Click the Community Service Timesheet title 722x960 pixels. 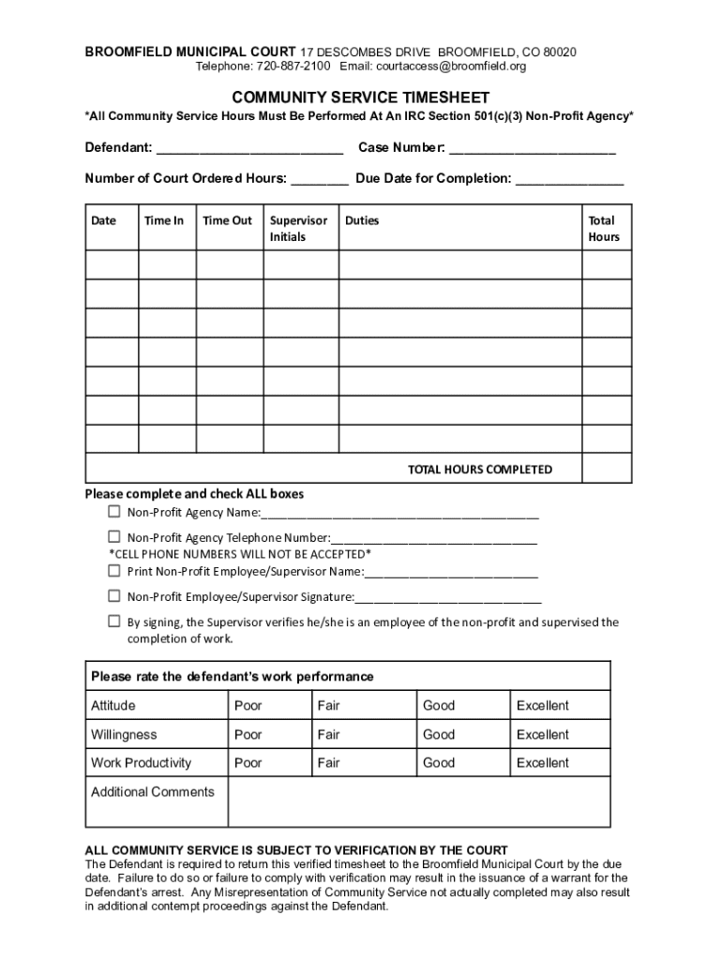pyautogui.click(x=361, y=97)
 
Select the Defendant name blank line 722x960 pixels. pyautogui.click(x=249, y=149)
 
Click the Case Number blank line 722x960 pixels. pyautogui.click(x=533, y=149)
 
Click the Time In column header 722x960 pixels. pyautogui.click(x=164, y=221)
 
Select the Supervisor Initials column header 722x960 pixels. pyautogui.click(x=298, y=229)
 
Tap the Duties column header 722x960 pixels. pyautogui.click(x=362, y=221)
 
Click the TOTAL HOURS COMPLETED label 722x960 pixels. pyautogui.click(x=479, y=470)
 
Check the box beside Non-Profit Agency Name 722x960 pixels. pyautogui.click(x=113, y=512)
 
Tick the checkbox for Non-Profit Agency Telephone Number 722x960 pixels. pyautogui.click(x=113, y=537)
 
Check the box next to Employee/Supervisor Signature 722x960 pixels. pyautogui.click(x=113, y=596)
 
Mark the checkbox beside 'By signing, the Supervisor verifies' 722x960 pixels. pyautogui.click(x=113, y=622)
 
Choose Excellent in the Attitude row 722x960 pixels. pyautogui.click(x=542, y=706)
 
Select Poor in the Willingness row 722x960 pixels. pyautogui.click(x=248, y=735)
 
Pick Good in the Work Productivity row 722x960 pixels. pyautogui.click(x=438, y=763)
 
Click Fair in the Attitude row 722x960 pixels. pyautogui.click(x=328, y=706)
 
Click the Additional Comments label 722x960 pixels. pyautogui.click(x=152, y=792)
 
